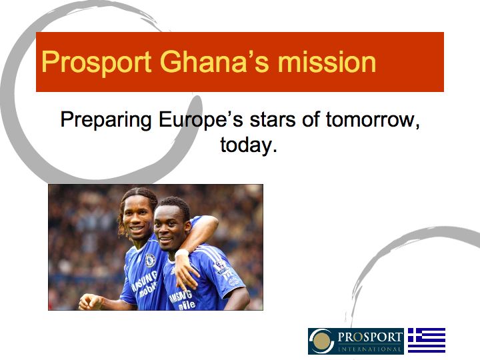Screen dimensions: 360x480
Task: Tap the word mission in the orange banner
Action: tap(327, 62)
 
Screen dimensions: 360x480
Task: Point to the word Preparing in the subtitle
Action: tap(107, 121)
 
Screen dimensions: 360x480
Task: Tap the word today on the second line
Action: tap(247, 145)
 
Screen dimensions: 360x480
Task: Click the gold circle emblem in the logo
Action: tap(323, 341)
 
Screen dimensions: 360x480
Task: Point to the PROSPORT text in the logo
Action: tap(370, 336)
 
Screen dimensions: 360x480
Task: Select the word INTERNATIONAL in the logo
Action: tap(370, 349)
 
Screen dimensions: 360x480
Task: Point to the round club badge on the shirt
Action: tap(150, 261)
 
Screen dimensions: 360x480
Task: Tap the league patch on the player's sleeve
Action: tap(221, 268)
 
